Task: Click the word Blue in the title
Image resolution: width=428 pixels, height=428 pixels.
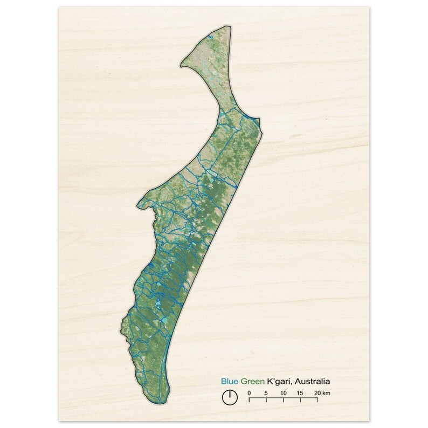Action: pyautogui.click(x=229, y=381)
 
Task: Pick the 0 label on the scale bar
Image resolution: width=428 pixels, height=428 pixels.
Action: pyautogui.click(x=249, y=392)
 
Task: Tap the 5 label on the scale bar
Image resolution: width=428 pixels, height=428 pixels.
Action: pyautogui.click(x=266, y=392)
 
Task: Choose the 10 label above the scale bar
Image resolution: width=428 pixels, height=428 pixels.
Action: pyautogui.click(x=284, y=392)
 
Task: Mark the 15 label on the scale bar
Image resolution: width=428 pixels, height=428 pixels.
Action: pyautogui.click(x=300, y=392)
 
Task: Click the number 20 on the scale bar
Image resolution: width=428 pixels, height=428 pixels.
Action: pyautogui.click(x=317, y=392)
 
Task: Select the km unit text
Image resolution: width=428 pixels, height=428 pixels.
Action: pyautogui.click(x=327, y=392)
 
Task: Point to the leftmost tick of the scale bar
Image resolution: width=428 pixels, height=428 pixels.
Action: pyautogui.click(x=249, y=401)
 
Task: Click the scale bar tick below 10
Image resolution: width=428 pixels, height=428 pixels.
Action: pyautogui.click(x=284, y=401)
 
